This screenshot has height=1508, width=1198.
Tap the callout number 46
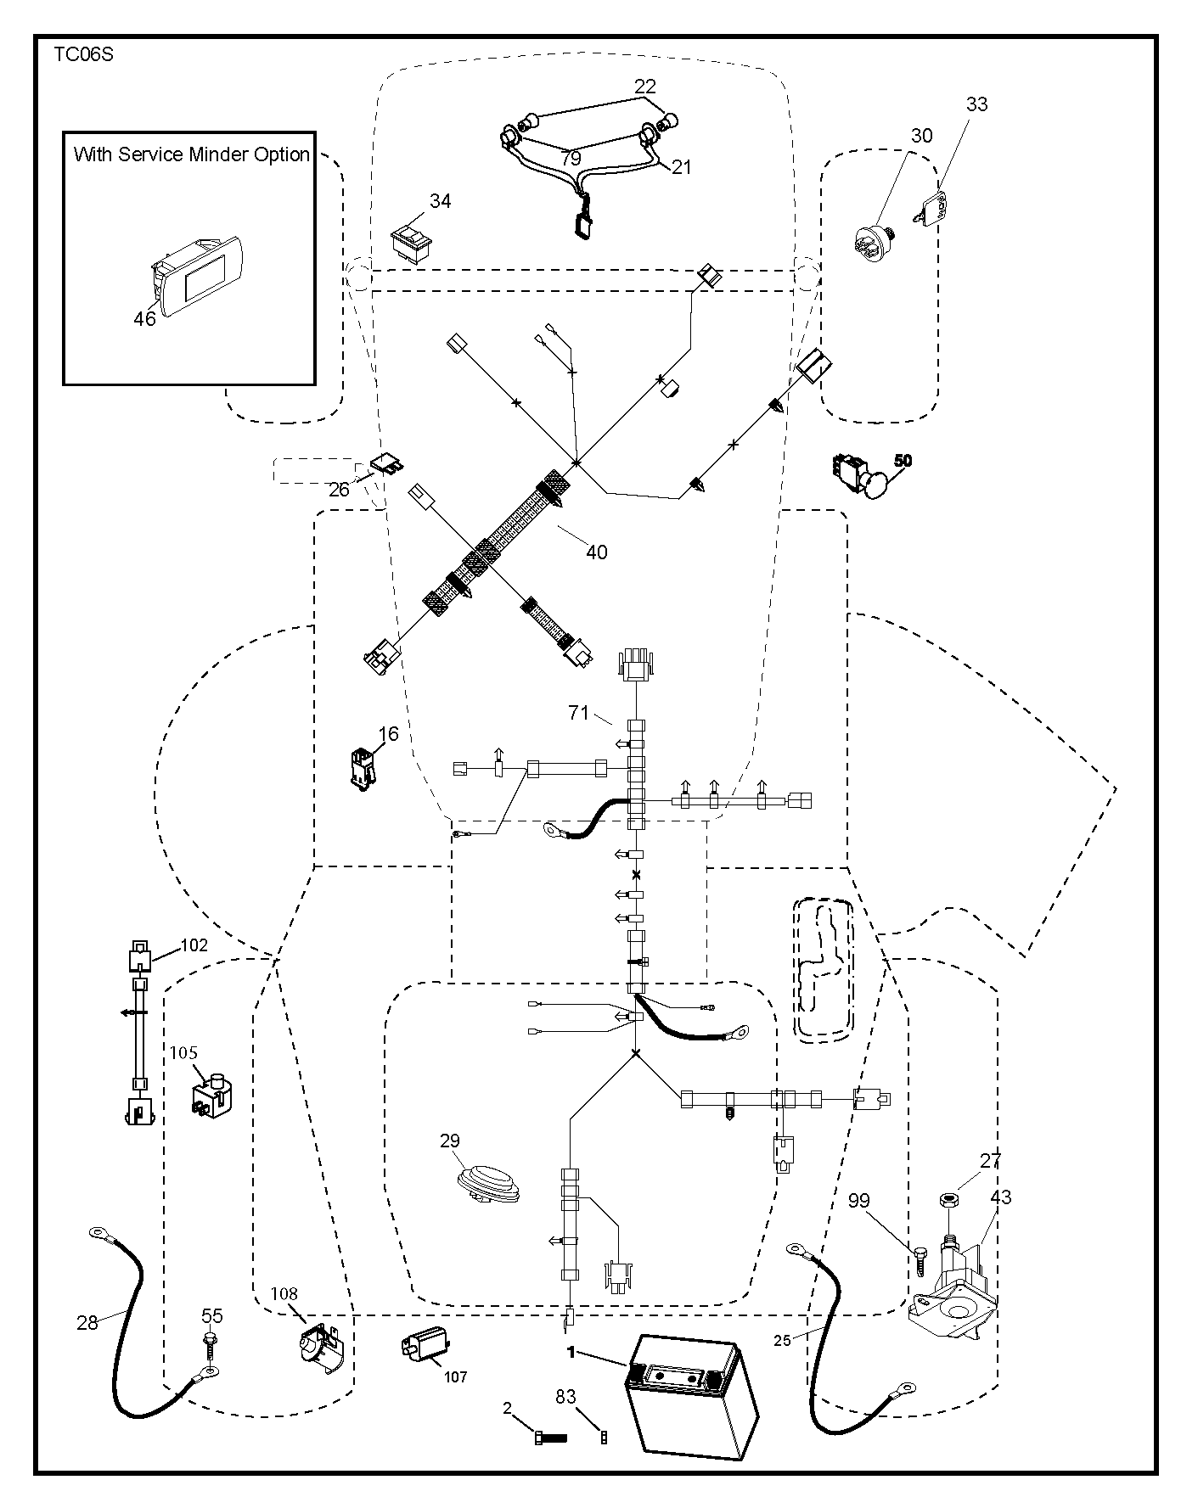point(145,318)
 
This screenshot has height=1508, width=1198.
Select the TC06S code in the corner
point(83,55)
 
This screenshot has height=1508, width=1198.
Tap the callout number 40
point(597,552)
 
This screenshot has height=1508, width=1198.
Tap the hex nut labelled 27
point(948,1201)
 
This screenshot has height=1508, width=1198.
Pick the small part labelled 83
point(604,1437)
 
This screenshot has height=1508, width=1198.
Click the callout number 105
point(183,1053)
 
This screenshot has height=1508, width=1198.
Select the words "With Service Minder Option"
point(192,154)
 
